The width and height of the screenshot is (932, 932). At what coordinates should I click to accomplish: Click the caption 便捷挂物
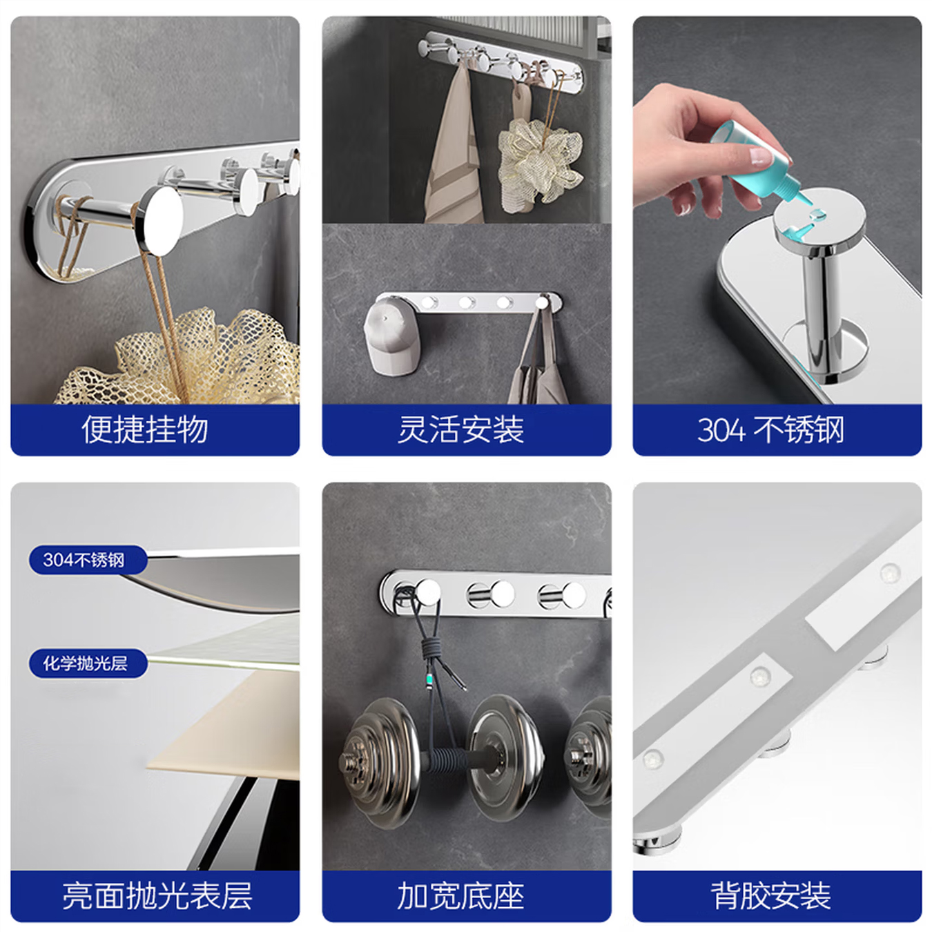(145, 429)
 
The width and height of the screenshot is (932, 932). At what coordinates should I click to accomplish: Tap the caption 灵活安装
(460, 429)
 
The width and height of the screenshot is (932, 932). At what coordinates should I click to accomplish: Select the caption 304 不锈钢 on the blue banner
(770, 429)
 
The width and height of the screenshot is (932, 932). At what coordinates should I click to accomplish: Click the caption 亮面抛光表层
(157, 895)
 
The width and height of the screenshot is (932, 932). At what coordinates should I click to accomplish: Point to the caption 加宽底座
(460, 895)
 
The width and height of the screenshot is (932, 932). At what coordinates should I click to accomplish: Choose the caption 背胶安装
(770, 895)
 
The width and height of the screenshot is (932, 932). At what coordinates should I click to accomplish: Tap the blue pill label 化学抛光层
(86, 663)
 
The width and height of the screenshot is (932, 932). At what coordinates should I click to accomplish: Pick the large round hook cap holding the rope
(160, 220)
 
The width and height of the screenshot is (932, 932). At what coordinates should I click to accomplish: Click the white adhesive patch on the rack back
(835, 625)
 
